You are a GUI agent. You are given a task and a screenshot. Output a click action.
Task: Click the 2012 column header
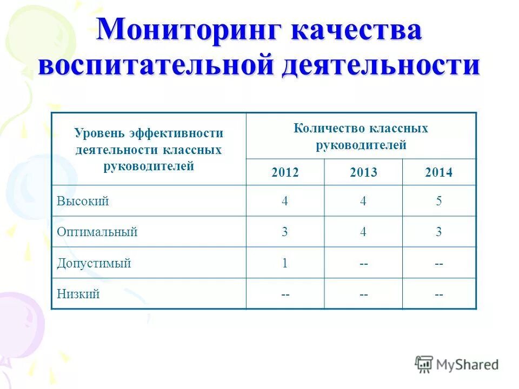point(285,173)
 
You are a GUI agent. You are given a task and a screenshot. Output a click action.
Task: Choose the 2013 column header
point(363,173)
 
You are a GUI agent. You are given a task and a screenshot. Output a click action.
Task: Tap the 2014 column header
point(439,173)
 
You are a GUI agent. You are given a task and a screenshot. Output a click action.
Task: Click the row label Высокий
point(83,201)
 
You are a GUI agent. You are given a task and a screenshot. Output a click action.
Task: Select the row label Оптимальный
point(97,232)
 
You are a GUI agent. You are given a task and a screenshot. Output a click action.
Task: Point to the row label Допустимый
point(94,264)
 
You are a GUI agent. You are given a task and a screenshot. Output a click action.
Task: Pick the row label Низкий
point(78,294)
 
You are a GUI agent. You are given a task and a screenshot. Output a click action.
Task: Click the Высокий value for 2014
point(439,201)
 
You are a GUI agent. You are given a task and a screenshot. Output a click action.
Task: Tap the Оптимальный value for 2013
point(363,232)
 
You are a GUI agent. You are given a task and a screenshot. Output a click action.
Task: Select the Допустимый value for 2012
point(285,264)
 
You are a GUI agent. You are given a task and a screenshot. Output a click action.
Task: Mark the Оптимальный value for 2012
point(285,232)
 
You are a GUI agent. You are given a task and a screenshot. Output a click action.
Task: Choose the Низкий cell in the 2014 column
point(439,294)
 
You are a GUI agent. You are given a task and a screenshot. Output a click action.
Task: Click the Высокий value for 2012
point(285,201)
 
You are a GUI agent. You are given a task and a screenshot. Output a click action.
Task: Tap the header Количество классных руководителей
point(361,137)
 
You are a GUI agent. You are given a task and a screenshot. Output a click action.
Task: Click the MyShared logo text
point(467,365)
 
